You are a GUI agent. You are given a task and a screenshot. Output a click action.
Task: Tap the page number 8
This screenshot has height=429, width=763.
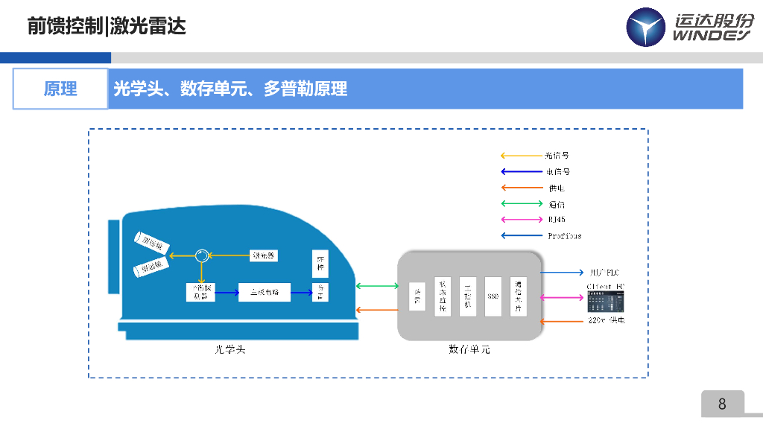click(721, 404)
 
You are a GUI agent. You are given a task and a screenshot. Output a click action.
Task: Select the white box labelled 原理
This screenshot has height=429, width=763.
click(60, 89)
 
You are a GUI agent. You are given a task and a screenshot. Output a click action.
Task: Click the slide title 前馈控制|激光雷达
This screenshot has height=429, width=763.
click(107, 27)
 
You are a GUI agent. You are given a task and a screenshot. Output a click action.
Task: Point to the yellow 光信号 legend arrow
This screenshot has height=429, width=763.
click(521, 156)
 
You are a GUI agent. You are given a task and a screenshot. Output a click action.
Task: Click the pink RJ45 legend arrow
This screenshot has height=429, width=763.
click(521, 220)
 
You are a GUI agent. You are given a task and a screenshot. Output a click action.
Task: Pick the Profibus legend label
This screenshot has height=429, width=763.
click(564, 236)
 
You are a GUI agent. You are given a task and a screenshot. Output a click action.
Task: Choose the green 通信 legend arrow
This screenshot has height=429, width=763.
click(521, 203)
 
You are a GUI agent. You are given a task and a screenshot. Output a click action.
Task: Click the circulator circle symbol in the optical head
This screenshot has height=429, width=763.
click(200, 255)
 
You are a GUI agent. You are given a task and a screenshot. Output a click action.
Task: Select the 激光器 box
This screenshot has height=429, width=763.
click(263, 255)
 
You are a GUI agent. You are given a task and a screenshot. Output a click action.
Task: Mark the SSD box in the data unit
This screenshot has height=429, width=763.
click(493, 296)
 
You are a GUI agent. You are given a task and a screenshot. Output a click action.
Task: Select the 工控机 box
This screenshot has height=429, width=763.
click(467, 296)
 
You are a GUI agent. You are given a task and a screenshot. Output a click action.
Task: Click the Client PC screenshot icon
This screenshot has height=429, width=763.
click(605, 301)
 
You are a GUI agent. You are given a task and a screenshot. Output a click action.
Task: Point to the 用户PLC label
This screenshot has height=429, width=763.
click(604, 273)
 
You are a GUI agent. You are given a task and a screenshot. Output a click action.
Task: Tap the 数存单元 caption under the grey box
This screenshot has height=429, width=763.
click(469, 349)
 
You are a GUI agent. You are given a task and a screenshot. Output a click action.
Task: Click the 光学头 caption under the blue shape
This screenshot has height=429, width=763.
click(229, 349)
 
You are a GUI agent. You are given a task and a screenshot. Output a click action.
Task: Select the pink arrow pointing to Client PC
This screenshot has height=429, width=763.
click(562, 298)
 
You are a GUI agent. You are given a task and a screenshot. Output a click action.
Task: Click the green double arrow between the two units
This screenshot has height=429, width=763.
click(378, 285)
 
